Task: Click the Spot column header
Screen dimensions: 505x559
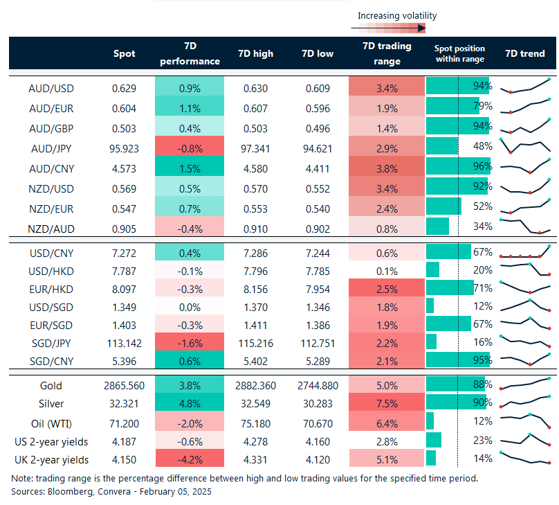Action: (x=125, y=53)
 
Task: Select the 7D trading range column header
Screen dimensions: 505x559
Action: (x=387, y=53)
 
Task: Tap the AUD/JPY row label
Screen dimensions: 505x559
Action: (x=51, y=148)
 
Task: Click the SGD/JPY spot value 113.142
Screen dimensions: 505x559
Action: (x=125, y=342)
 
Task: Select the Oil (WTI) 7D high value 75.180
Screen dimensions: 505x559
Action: (x=255, y=421)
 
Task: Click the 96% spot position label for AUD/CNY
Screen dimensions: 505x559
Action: (x=482, y=167)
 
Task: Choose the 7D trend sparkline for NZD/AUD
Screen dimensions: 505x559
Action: (x=525, y=226)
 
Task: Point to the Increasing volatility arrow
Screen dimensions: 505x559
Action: (x=387, y=29)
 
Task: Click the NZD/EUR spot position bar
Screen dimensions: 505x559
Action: (x=443, y=206)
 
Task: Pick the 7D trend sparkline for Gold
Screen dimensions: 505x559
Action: (x=525, y=384)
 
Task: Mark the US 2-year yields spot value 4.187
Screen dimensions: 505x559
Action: (x=125, y=440)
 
